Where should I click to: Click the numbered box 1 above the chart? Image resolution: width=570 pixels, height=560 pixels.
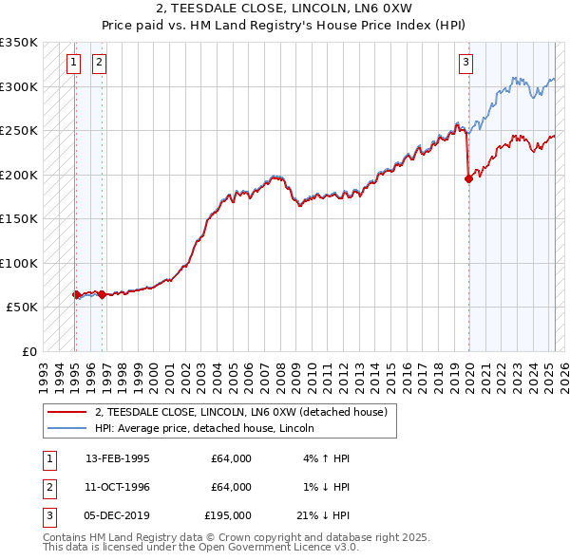[x=73, y=64]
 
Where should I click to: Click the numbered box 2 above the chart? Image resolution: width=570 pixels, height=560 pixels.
[x=99, y=64]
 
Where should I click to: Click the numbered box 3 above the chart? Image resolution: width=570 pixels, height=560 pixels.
[x=466, y=64]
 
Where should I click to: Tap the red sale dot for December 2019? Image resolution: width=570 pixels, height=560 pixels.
[x=468, y=178]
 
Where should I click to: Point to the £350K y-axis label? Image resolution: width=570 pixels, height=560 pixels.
[x=19, y=43]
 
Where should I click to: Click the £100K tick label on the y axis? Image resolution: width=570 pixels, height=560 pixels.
[x=19, y=263]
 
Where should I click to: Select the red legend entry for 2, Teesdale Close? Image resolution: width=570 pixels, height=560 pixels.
[x=240, y=413]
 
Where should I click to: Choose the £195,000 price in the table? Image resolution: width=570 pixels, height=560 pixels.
[x=228, y=515]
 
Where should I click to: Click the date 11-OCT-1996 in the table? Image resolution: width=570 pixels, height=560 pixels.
[x=117, y=487]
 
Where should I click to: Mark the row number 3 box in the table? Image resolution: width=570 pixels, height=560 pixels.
[x=48, y=515]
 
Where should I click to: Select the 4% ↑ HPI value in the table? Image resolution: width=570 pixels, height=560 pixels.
[x=326, y=458]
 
